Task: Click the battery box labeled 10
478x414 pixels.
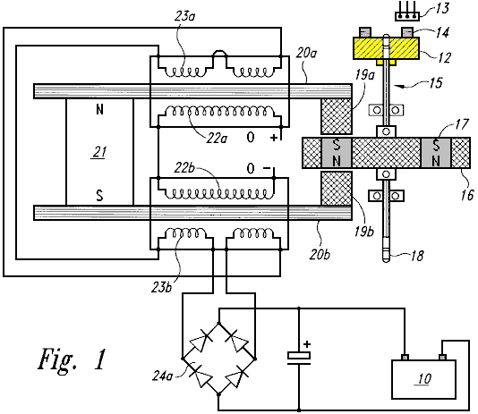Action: pyautogui.click(x=423, y=379)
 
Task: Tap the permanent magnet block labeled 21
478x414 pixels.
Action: pyautogui.click(x=99, y=152)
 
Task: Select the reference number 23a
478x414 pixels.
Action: pyautogui.click(x=184, y=16)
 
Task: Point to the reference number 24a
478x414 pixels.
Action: pyautogui.click(x=163, y=376)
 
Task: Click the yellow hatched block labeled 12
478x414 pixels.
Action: pyautogui.click(x=386, y=47)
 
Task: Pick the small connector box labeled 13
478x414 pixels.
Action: pyautogui.click(x=407, y=16)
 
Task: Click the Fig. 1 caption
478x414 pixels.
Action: pyautogui.click(x=73, y=359)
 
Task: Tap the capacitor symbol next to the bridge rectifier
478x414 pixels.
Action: pyautogui.click(x=299, y=359)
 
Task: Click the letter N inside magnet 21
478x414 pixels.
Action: pyautogui.click(x=99, y=110)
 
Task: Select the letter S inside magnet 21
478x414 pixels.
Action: pyautogui.click(x=99, y=196)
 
